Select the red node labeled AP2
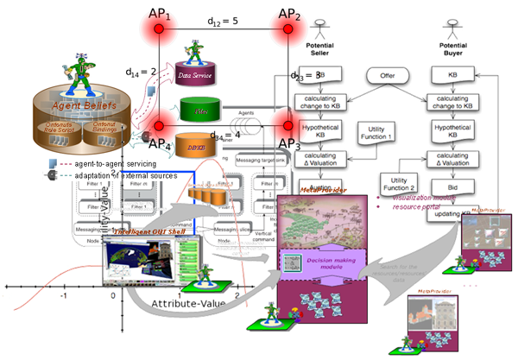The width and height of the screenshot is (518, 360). tap(287, 28)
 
